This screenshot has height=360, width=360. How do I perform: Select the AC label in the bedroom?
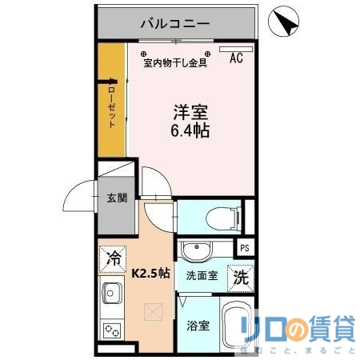coord(237,58)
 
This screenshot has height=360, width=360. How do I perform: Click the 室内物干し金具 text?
coord(175,62)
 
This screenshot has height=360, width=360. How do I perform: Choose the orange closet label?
coord(111,103)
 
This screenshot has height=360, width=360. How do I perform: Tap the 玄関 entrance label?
coord(116,198)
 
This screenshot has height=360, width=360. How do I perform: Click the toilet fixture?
coord(220,216)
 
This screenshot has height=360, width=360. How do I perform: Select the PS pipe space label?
coord(245,248)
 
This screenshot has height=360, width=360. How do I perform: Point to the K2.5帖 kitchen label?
coord(150,272)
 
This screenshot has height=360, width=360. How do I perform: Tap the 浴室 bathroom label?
coord(198,326)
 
